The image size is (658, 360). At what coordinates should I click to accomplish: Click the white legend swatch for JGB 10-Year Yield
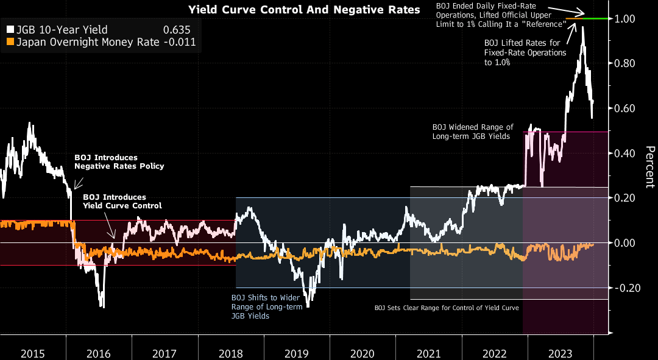click(10, 30)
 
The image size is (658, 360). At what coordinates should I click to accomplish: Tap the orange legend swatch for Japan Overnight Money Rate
click(10, 42)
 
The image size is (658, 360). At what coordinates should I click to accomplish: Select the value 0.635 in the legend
click(177, 30)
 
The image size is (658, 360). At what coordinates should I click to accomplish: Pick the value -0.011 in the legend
click(182, 42)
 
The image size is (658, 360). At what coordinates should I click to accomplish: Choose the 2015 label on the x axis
click(33, 353)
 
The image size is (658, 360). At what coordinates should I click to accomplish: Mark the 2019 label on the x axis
click(297, 353)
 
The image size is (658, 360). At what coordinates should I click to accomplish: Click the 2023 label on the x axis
click(560, 353)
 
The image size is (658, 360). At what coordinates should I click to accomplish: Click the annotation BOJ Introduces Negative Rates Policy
click(119, 161)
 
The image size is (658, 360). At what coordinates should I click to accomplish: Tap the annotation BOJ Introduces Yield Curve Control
click(122, 202)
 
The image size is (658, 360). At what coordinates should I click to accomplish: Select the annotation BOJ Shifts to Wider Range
click(266, 306)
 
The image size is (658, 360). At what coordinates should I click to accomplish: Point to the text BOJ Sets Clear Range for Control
click(446, 308)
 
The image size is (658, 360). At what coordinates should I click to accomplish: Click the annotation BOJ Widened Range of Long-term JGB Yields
click(473, 131)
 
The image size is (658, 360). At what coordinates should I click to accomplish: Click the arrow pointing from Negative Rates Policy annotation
click(78, 182)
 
